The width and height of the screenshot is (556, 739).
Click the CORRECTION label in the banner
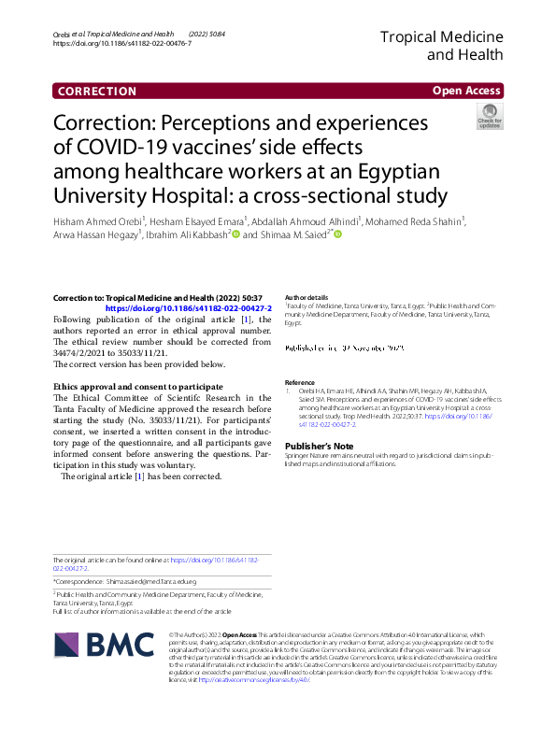tap(97, 91)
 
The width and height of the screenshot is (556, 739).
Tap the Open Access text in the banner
tap(465, 91)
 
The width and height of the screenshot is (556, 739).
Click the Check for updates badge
tap(489, 117)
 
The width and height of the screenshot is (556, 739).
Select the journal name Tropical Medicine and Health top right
tap(441, 45)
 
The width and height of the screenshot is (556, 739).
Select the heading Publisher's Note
tap(319, 448)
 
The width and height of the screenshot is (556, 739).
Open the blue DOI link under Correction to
tap(188, 307)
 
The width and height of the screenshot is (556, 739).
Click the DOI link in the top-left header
tap(122, 44)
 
